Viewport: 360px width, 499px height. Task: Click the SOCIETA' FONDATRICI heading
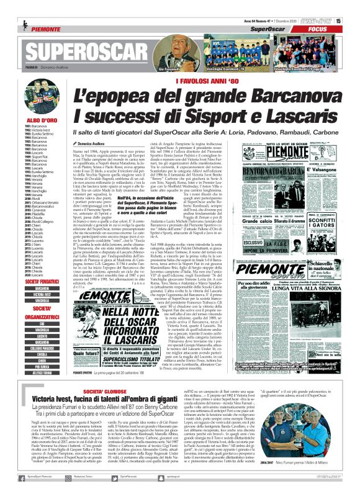pos(43,281)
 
